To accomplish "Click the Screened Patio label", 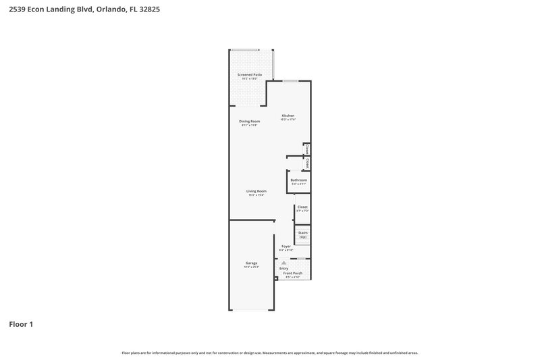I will [250, 74].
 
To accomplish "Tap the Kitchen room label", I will [288, 115].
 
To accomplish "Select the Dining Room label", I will [250, 121].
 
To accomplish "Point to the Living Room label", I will [256, 191].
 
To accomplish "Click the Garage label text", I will [251, 263].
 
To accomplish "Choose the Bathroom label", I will [299, 180].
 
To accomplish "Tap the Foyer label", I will [286, 246].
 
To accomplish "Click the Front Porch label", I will [293, 273].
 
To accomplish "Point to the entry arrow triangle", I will [283, 262].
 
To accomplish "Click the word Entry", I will [283, 268].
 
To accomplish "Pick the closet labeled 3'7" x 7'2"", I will [302, 209].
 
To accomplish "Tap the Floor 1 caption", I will [20, 324].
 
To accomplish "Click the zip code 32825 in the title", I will [150, 10].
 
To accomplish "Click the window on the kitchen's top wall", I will [291, 82].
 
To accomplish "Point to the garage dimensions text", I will [251, 267].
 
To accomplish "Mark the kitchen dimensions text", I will [288, 120].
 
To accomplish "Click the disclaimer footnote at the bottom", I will [269, 353].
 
